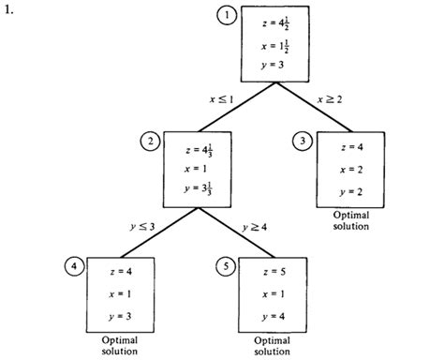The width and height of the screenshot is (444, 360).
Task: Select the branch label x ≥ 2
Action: click(330, 97)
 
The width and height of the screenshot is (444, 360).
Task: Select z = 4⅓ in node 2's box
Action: click(196, 146)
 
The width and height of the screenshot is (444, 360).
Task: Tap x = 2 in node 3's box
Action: click(348, 169)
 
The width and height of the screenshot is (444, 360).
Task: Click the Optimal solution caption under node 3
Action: click(348, 218)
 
